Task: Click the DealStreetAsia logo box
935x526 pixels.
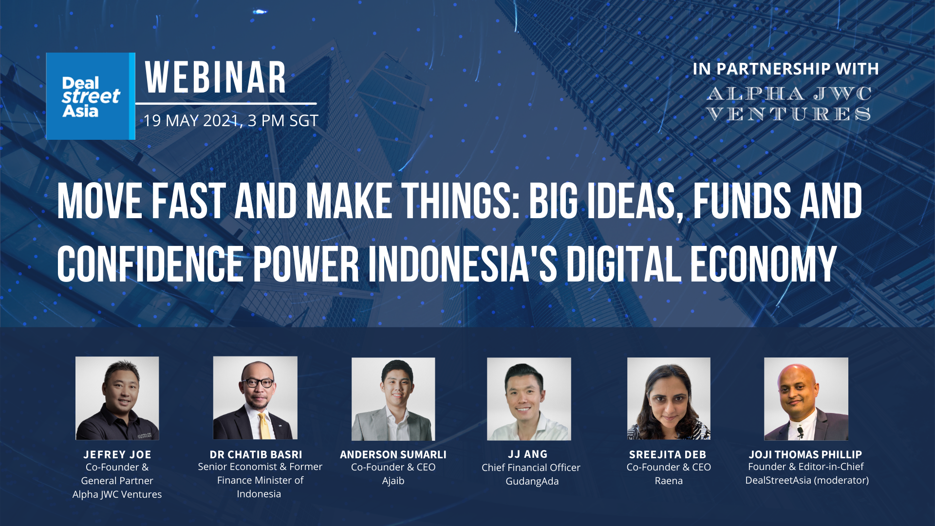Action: pyautogui.click(x=91, y=96)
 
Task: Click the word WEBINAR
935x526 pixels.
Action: pyautogui.click(x=216, y=78)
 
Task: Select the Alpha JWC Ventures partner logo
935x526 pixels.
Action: pyautogui.click(x=789, y=104)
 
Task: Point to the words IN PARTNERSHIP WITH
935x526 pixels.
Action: pyautogui.click(x=785, y=69)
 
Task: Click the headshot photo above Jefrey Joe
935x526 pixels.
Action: pyautogui.click(x=117, y=398)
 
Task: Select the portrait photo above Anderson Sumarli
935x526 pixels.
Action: pyautogui.click(x=393, y=399)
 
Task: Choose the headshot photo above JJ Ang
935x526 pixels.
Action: pyautogui.click(x=529, y=399)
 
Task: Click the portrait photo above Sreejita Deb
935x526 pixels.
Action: pyautogui.click(x=669, y=399)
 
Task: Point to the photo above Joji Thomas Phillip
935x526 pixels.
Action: pyautogui.click(x=806, y=399)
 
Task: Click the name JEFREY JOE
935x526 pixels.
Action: pyautogui.click(x=117, y=454)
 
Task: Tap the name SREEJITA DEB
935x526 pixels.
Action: pyautogui.click(x=668, y=454)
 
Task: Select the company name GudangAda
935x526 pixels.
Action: pyautogui.click(x=532, y=481)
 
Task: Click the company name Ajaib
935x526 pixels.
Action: pyautogui.click(x=393, y=481)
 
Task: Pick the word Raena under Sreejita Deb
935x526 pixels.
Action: pyautogui.click(x=669, y=481)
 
